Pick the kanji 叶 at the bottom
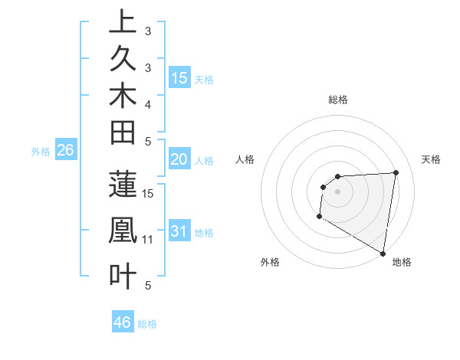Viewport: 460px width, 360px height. [x=123, y=276]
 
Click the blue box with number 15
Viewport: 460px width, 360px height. [x=179, y=77]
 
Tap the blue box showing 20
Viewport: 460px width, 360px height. [x=179, y=159]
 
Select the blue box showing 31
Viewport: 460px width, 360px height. [x=179, y=231]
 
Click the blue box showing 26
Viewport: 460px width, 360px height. [x=65, y=151]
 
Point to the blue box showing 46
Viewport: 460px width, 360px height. [x=122, y=322]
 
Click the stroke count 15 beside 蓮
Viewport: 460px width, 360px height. [x=149, y=193]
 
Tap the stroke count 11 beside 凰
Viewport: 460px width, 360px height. [x=149, y=240]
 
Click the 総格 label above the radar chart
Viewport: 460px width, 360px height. [x=338, y=100]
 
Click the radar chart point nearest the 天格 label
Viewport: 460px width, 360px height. [x=396, y=172]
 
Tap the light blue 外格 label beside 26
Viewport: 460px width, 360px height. [x=41, y=152]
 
